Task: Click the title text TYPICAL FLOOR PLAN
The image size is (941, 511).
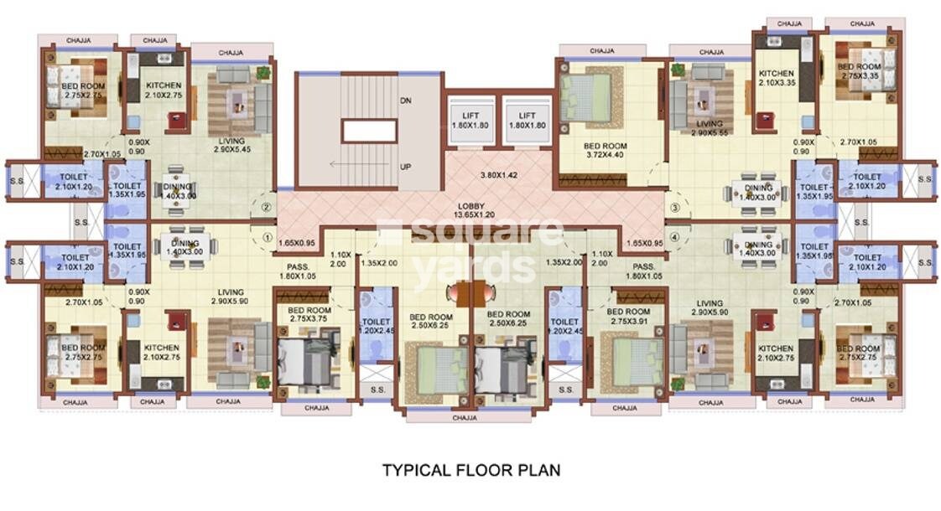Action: tap(471, 470)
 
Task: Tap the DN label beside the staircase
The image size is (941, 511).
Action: tap(405, 101)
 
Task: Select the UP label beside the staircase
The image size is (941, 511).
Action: tap(405, 167)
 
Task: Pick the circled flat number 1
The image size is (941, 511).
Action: tap(268, 236)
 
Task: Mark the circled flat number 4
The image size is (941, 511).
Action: tap(674, 237)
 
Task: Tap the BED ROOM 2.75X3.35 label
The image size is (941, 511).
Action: tap(859, 71)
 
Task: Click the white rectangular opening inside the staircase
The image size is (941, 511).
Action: tap(369, 131)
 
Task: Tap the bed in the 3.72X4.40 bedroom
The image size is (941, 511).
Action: tap(586, 98)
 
